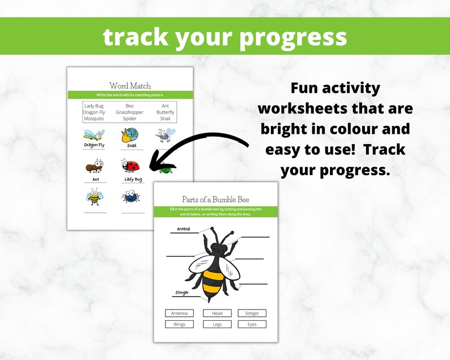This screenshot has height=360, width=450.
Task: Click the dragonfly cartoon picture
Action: click(94, 135)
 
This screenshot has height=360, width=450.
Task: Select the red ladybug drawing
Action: click(131, 166)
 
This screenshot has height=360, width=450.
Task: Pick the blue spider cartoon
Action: click(130, 197)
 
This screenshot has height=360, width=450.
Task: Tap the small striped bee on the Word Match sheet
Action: click(94, 197)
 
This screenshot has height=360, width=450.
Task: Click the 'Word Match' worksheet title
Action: click(130, 86)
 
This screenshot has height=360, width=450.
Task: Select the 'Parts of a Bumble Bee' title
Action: click(215, 199)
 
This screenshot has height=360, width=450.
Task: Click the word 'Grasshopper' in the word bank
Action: click(130, 112)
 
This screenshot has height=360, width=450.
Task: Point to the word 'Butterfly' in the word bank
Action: click(165, 112)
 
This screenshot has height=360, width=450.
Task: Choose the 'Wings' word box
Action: click(179, 324)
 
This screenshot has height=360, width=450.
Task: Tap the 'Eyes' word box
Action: click(252, 324)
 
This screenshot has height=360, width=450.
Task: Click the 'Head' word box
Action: click(218, 313)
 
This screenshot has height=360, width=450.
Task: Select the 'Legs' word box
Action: click(218, 324)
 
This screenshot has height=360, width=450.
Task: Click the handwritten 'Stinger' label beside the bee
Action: click(181, 293)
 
